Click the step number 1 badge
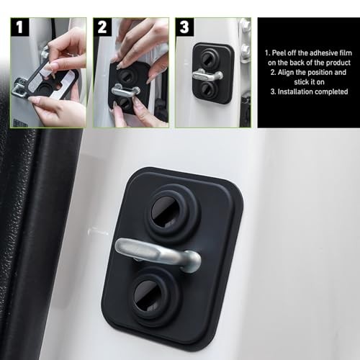tap(19, 27)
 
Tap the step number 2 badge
tap(102, 27)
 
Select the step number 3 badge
tap(184, 27)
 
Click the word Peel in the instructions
tap(279, 53)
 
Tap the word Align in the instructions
tap(286, 72)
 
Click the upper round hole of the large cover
tap(168, 212)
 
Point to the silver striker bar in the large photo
tap(158, 255)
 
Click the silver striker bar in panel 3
tap(207, 74)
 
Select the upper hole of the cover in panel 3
tap(208, 58)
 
